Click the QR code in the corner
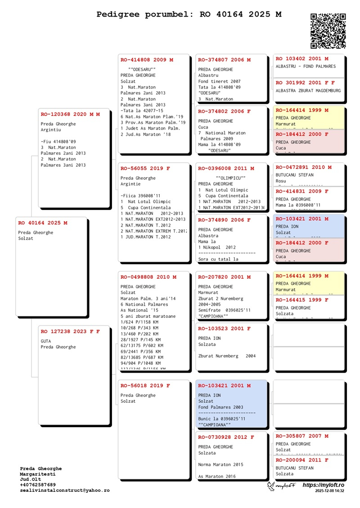tap(328, 31)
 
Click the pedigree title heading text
tap(189, 14)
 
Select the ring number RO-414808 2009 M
tap(147, 60)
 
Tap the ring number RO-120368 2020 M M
tap(70, 115)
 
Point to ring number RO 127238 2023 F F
tap(70, 332)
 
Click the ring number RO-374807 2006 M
tap(224, 60)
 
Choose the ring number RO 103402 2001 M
tap(302, 59)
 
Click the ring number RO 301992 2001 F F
tap(305, 83)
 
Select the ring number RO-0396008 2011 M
tap(226, 169)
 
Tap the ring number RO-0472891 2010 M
tap(304, 167)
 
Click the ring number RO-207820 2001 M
tap(224, 277)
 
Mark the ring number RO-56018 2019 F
tap(145, 386)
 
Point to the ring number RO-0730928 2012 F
tap(226, 437)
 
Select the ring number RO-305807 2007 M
tap(302, 436)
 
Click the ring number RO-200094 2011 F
tap(302, 460)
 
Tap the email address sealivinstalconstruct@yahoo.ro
tap(64, 490)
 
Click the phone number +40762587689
tap(38, 485)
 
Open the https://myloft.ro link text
tap(323, 486)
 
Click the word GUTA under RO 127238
tap(46, 341)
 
